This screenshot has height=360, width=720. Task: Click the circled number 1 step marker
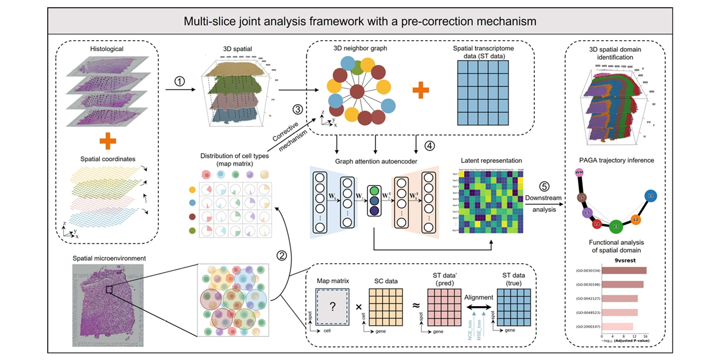(x=179, y=81)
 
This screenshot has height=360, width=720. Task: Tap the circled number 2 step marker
(x=282, y=255)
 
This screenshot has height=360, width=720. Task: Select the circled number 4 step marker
(x=430, y=145)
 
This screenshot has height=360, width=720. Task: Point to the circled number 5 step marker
(x=544, y=187)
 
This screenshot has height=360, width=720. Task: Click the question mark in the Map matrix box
(x=332, y=307)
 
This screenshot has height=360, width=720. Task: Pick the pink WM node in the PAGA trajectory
(x=579, y=172)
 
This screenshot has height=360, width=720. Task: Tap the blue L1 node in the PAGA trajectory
(x=651, y=196)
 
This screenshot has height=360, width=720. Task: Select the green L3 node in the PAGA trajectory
(x=616, y=227)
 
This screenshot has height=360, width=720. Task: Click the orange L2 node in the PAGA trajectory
(x=635, y=219)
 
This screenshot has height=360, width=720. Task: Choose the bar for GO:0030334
(x=624, y=271)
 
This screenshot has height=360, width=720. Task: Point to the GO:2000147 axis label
(x=588, y=327)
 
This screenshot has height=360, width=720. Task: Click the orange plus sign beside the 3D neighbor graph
(x=420, y=90)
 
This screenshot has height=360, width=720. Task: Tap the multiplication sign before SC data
(x=359, y=307)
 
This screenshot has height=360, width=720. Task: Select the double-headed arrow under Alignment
(x=479, y=307)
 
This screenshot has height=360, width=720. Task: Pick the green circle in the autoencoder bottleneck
(x=374, y=191)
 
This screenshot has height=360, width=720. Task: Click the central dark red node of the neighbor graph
(x=357, y=91)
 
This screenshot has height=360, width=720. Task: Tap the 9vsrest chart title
(x=625, y=261)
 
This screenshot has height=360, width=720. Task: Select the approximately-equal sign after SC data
(x=416, y=306)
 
